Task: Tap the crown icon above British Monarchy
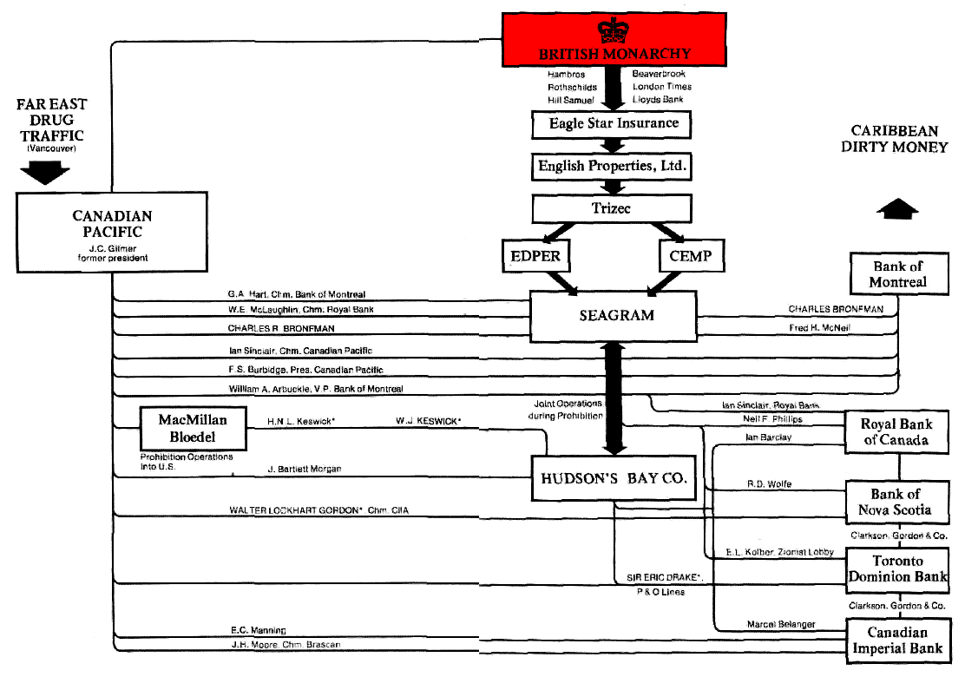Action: [x=613, y=29]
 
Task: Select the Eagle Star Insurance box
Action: [x=613, y=124]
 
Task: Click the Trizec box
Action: [x=613, y=208]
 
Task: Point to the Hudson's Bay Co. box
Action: [x=614, y=477]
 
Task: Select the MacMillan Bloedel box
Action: [x=193, y=429]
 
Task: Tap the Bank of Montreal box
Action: [x=897, y=273]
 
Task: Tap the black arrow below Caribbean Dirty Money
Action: [x=896, y=210]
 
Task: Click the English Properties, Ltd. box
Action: [x=613, y=165]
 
